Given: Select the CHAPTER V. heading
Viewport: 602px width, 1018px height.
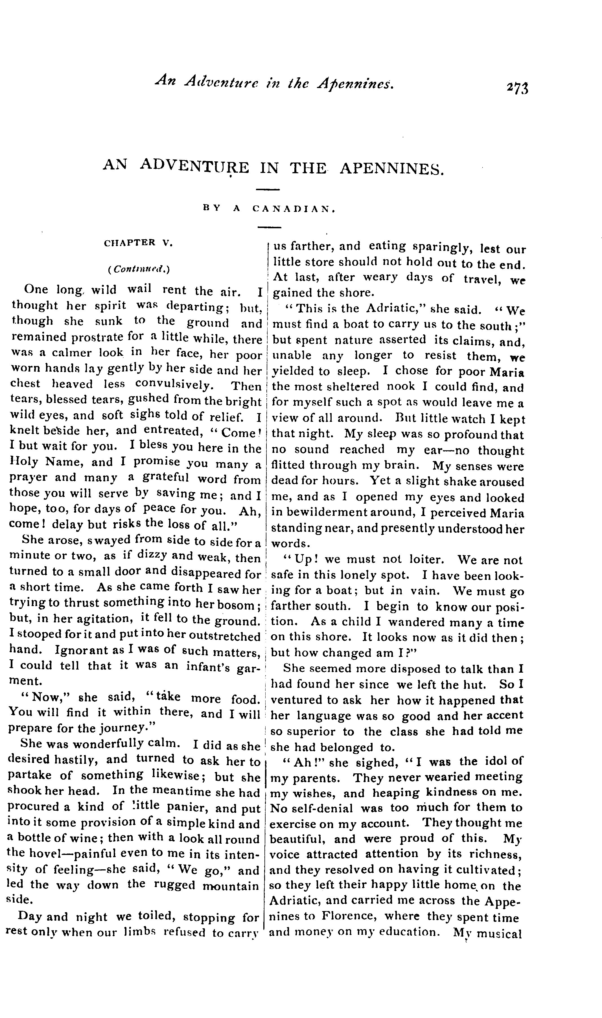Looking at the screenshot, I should tap(138, 243).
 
